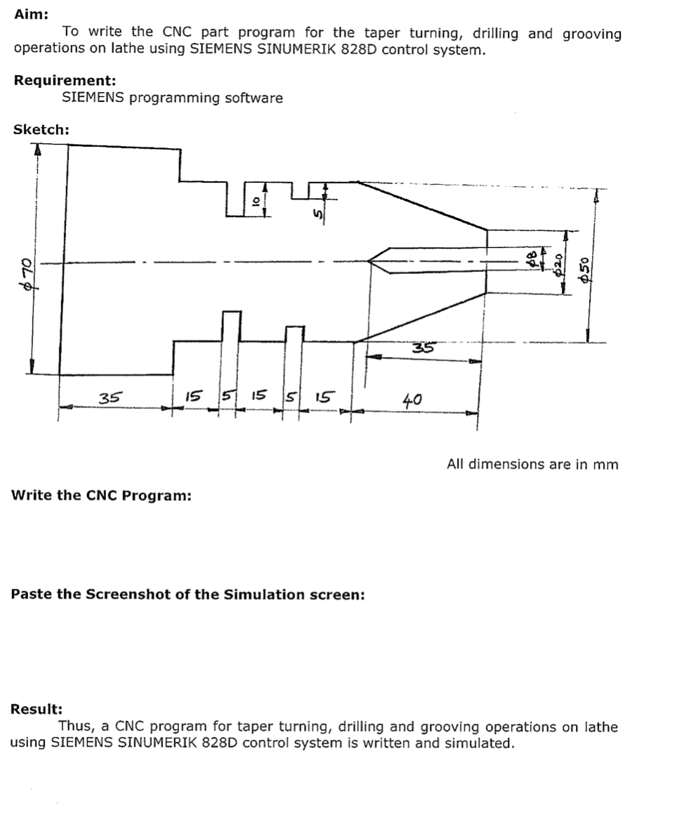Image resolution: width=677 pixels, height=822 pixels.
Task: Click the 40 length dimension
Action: (x=412, y=400)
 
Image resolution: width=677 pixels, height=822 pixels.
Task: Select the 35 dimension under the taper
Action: (x=423, y=348)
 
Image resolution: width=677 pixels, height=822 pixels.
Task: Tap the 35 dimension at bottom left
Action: (x=109, y=398)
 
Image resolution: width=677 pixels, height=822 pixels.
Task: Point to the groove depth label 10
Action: (x=256, y=200)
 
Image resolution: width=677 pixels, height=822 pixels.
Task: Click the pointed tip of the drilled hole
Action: (x=370, y=261)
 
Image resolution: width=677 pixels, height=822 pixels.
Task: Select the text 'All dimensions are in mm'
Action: (x=532, y=464)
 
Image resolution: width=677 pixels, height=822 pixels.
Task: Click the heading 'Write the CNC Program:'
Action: (x=101, y=495)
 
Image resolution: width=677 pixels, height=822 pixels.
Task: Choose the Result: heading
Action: (x=37, y=709)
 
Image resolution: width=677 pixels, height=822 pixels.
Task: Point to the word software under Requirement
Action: (x=254, y=98)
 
